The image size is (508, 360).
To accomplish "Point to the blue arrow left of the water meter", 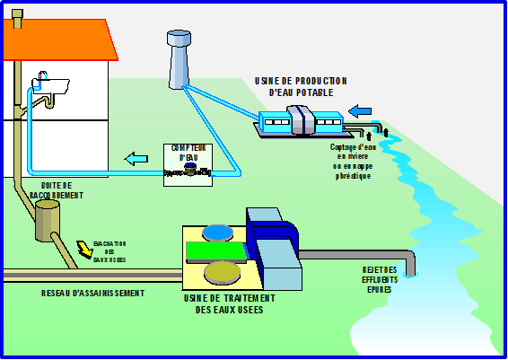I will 136,160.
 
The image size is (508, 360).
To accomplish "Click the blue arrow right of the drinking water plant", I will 359,111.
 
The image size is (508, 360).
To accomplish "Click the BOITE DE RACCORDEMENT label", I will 56,189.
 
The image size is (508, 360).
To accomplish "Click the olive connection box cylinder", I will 48,220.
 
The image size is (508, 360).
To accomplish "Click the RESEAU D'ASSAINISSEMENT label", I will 92,294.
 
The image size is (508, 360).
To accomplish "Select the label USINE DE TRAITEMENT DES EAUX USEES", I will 235,303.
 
